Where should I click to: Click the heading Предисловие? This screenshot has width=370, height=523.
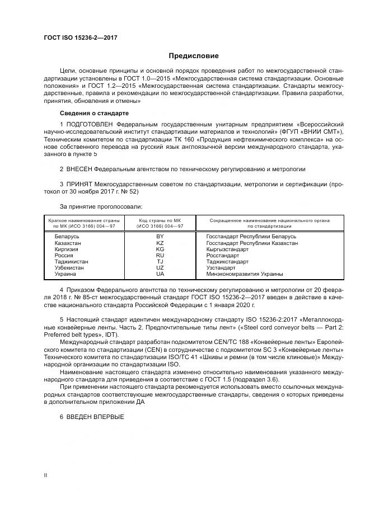pyautogui.click(x=194, y=56)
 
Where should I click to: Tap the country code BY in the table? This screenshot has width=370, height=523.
pyautogui.click(x=160, y=237)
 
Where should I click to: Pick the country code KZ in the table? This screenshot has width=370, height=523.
pyautogui.click(x=160, y=243)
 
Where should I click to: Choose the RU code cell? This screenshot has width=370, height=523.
pyautogui.click(x=160, y=256)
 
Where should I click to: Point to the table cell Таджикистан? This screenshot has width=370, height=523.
pyautogui.click(x=71, y=262)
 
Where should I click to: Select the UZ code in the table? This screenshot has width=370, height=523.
pyautogui.click(x=160, y=268)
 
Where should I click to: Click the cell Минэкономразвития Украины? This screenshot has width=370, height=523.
pyautogui.click(x=245, y=274)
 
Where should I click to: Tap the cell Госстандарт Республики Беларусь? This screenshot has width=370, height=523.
pyautogui.click(x=251, y=237)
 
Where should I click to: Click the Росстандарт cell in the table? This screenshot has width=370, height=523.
pyautogui.click(x=223, y=256)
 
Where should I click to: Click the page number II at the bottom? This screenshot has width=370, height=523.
pyautogui.click(x=46, y=475)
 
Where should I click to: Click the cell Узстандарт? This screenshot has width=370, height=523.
pyautogui.click(x=222, y=268)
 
